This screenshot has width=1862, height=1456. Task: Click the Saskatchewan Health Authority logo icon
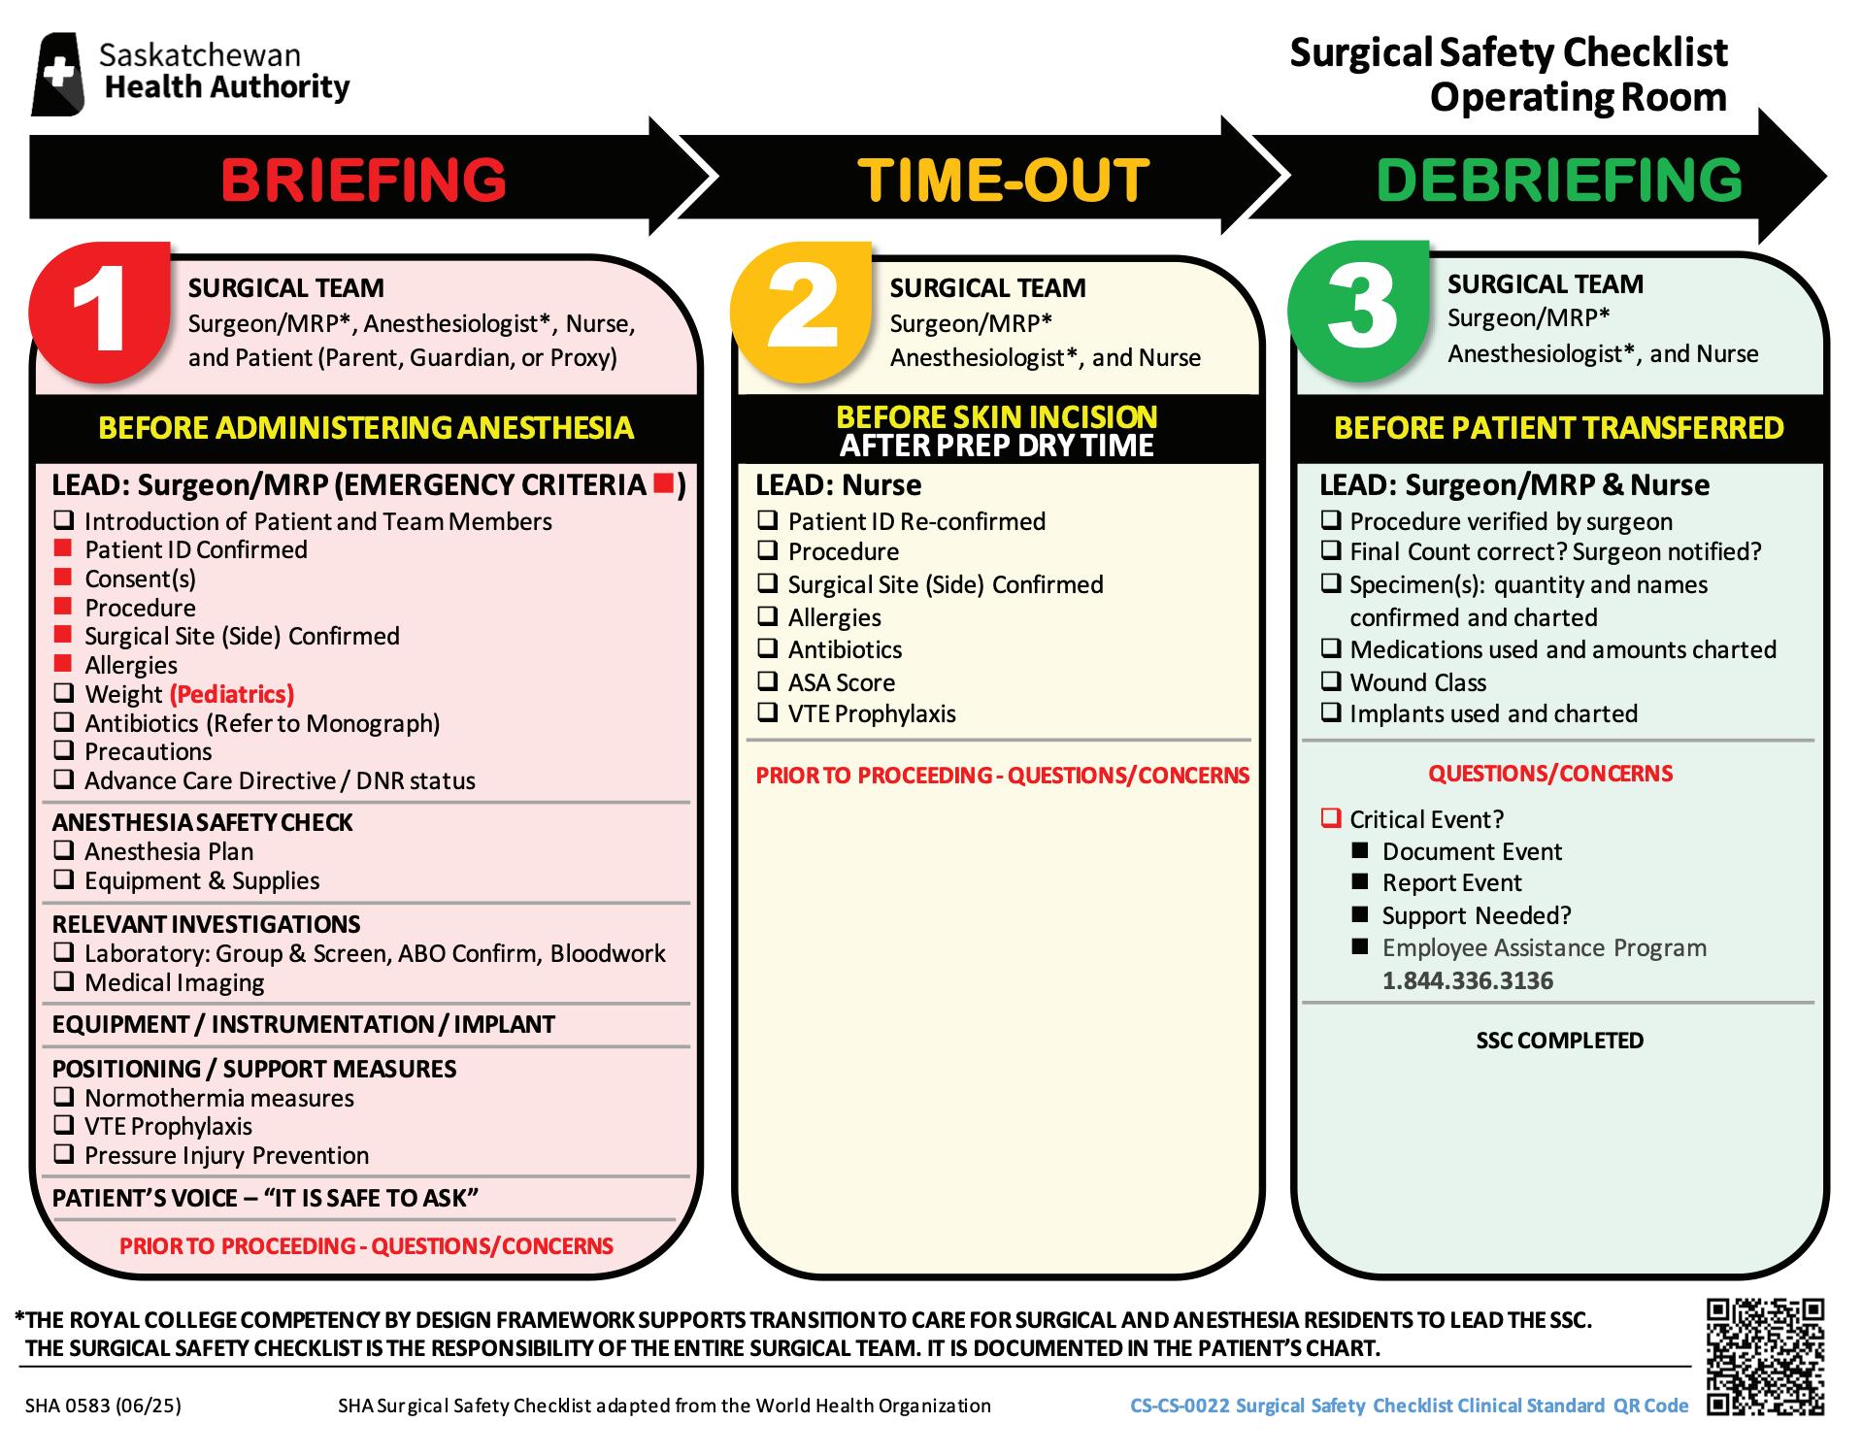point(57,74)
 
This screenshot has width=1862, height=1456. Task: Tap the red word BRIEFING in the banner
point(363,181)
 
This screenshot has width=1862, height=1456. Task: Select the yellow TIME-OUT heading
point(1003,181)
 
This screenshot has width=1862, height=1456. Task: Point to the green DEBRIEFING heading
point(1559,181)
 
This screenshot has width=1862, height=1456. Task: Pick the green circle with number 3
point(1359,309)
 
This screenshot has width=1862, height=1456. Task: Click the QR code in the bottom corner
point(1765,1356)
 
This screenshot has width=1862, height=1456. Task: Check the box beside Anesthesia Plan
point(63,850)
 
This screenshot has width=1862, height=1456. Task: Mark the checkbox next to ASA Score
point(767,681)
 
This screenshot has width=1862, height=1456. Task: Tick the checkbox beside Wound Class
point(1330,681)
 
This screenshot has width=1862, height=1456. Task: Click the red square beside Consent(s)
point(63,579)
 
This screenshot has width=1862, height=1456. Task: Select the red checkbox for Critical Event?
point(1330,818)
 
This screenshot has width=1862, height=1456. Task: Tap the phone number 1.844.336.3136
point(1467,980)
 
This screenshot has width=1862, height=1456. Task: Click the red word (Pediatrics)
point(231,694)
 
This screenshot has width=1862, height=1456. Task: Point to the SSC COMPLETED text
point(1559,1041)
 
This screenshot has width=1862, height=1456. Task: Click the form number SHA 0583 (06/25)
point(103,1406)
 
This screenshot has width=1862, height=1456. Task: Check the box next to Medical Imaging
point(63,981)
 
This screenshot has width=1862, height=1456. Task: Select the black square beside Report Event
point(1361,882)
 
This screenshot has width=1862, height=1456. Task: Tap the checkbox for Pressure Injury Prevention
point(63,1154)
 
